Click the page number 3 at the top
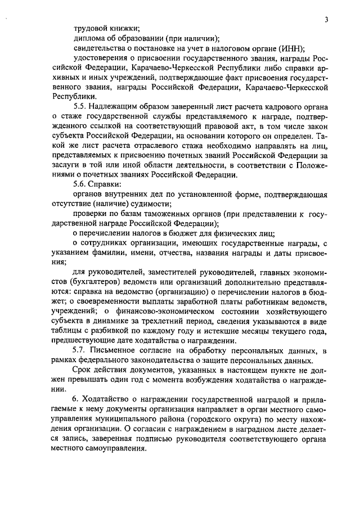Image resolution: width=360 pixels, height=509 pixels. coord(326,20)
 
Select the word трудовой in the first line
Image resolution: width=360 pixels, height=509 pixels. coord(89,29)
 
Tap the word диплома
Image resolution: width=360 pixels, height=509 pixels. coord(88,39)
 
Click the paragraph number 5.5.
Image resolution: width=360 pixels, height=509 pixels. coord(81,107)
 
